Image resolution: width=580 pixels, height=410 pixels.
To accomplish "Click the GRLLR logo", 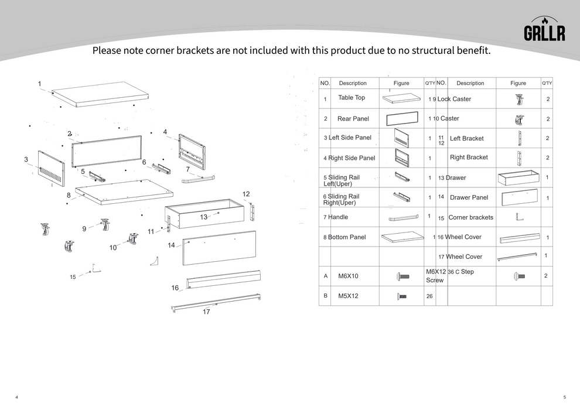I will pos(544,30).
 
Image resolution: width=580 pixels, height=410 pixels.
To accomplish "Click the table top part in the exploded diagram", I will pos(101,94).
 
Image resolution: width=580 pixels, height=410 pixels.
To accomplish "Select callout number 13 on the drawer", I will pos(204,217).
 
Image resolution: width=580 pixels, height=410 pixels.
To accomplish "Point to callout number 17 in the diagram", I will pos(206,312).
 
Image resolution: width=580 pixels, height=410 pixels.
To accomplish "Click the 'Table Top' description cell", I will pos(352,98).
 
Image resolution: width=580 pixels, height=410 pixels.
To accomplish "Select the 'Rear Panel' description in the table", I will pos(353,119).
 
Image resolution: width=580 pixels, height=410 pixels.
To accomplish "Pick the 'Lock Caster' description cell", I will pos(453,99).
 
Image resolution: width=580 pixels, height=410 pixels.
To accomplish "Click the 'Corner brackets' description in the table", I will pos(470,217).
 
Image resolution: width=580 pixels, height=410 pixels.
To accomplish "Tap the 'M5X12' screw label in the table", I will pos(348,296).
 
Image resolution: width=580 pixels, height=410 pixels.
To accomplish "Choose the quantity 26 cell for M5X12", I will pos(429,296).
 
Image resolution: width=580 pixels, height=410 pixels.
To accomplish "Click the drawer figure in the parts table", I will pos(518,177).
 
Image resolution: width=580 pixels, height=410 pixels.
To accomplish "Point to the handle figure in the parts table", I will pos(404,218).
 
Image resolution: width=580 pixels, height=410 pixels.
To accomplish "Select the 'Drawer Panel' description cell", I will pos(469,197).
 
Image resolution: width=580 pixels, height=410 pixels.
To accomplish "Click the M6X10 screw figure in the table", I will pos(402,276).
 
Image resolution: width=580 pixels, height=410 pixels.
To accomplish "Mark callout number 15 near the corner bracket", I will pos(73,277).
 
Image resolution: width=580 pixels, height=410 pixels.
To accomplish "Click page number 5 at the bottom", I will pos(564,397).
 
